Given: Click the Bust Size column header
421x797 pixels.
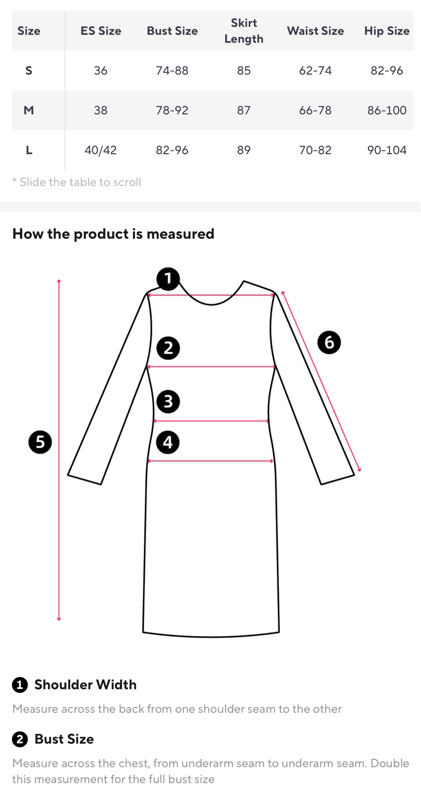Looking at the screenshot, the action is [x=172, y=31].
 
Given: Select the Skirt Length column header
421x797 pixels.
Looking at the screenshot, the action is [x=244, y=31].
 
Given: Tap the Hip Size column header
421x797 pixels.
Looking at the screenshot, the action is [x=387, y=31].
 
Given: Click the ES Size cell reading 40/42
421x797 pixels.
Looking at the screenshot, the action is [x=101, y=150].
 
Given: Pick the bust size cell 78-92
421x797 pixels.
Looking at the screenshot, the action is [x=172, y=111].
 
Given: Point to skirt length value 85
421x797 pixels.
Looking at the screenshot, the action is [x=244, y=71].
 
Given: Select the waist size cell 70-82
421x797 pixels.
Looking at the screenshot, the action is [x=315, y=150].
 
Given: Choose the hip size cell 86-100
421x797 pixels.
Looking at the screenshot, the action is [x=387, y=111].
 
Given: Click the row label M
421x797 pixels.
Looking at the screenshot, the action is [x=29, y=111].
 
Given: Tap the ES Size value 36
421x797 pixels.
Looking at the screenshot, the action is [x=101, y=71].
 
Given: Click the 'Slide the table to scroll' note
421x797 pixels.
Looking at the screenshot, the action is [x=77, y=182].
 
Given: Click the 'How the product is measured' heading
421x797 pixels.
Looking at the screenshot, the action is [x=113, y=234].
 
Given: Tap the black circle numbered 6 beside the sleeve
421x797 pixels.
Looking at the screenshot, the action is [x=329, y=342].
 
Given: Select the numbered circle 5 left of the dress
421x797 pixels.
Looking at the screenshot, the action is [x=40, y=442].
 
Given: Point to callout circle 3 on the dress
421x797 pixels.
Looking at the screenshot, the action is [x=168, y=401].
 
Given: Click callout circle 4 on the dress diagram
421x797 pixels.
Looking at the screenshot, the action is [x=168, y=442].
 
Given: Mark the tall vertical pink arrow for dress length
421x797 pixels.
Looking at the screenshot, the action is [x=59, y=450].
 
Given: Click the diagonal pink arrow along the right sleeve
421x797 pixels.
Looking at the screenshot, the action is [x=321, y=381].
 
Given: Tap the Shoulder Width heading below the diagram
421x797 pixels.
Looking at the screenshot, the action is [x=85, y=685].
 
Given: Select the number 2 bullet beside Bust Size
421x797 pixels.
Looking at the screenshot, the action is [x=20, y=739].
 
